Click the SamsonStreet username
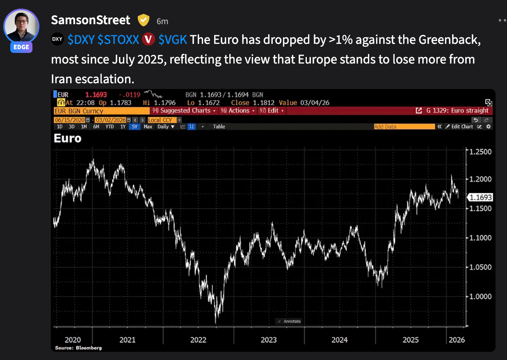[90, 20]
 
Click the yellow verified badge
[143, 20]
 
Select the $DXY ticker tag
[81, 40]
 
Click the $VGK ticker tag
[173, 40]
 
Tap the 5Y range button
[135, 127]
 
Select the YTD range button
[110, 127]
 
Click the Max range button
[148, 127]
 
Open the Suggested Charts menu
[184, 111]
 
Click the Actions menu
[238, 111]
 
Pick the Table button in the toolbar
[219, 127]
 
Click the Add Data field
[404, 127]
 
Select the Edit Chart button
[459, 127]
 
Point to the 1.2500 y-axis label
[480, 152]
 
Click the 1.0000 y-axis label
[480, 296]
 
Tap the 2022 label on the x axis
[198, 339]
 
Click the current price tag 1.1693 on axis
[480, 197]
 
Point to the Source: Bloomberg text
[78, 348]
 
